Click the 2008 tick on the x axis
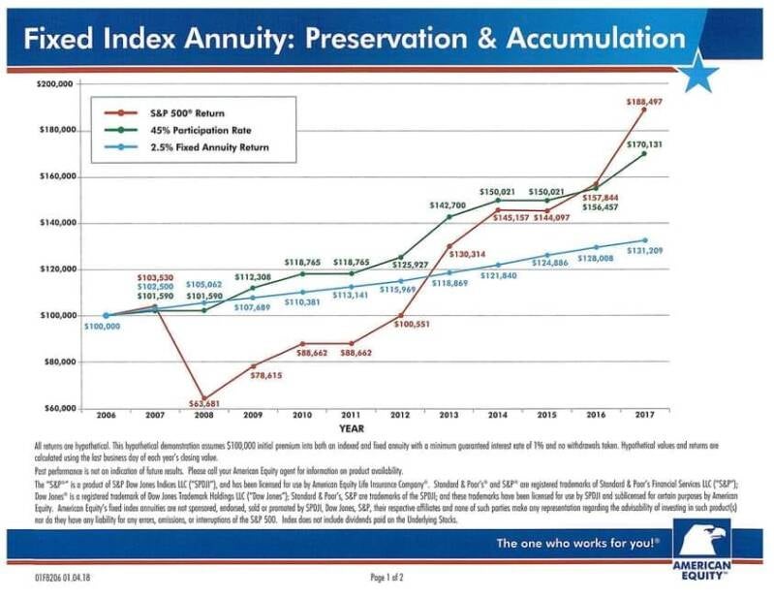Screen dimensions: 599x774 tap(203, 415)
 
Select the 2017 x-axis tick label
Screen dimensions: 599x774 tap(643, 415)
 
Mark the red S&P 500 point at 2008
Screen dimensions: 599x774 tap(204, 398)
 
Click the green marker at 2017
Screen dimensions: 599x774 tap(643, 153)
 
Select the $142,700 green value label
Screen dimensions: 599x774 tap(448, 205)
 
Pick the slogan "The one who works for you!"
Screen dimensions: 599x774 tap(578, 543)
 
